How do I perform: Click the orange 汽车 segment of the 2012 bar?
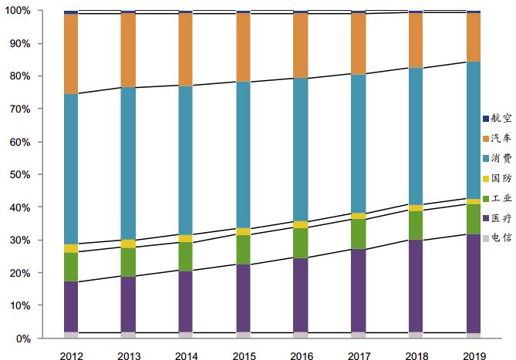point(70,54)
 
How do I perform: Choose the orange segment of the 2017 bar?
point(358,44)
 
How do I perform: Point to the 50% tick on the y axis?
point(39,175)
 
